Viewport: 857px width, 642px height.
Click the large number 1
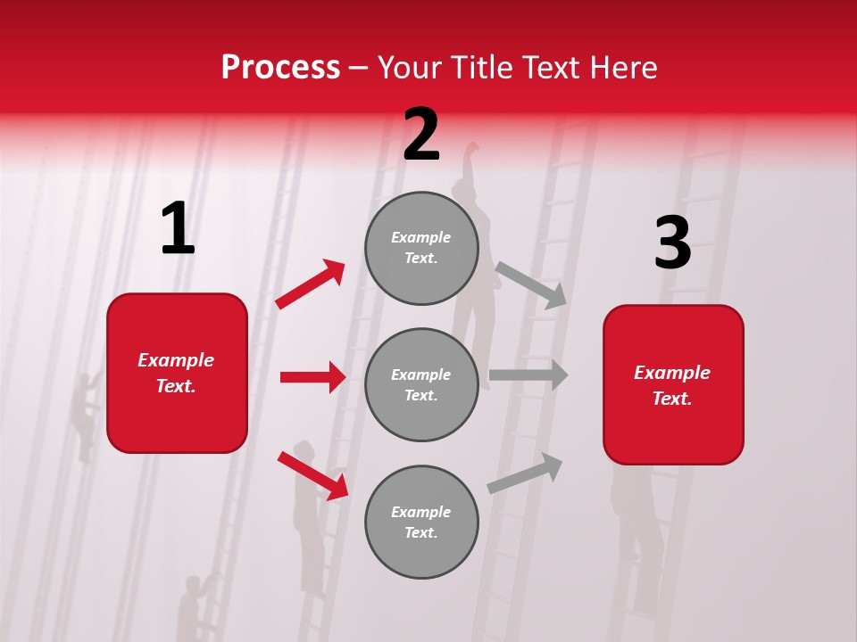coord(178,229)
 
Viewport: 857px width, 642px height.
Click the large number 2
coord(421,136)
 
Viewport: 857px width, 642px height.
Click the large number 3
coord(672,244)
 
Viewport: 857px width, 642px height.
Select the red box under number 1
coord(177,373)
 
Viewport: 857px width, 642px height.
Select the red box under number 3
coord(673,384)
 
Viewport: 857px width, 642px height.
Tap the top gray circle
coord(421,248)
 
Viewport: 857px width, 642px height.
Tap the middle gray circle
coord(421,384)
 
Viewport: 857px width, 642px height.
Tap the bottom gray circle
coord(421,522)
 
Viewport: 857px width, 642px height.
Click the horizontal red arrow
coord(312,377)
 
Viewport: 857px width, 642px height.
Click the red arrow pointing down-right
coord(312,476)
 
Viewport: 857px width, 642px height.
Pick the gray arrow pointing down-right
coord(531,284)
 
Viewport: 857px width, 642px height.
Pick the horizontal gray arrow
coord(528,374)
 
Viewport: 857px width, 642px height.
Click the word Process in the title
coord(280,67)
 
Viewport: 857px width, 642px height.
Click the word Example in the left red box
coord(176,360)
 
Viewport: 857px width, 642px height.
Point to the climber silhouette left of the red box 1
coord(87,415)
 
